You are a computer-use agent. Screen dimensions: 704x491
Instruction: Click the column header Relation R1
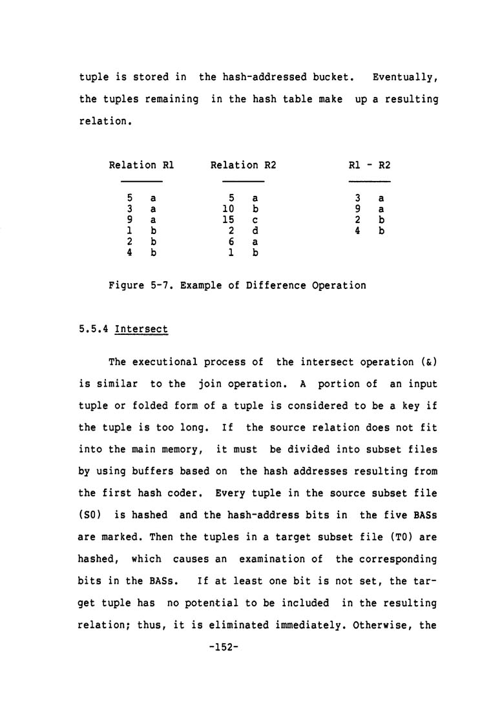pos(141,165)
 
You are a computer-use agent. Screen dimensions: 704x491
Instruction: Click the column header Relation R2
pos(243,165)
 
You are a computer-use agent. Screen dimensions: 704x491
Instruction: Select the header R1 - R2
pos(369,165)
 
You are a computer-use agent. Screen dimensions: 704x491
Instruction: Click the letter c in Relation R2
pos(255,220)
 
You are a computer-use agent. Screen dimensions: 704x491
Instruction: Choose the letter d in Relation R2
pos(255,231)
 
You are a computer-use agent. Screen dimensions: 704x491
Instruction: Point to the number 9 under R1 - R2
pos(357,209)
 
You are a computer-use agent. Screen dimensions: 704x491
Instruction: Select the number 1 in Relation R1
pos(130,231)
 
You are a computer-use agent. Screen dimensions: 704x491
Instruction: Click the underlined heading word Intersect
pos(141,329)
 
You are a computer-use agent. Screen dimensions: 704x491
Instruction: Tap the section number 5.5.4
pos(94,329)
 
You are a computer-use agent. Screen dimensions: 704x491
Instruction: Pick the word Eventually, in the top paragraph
pos(406,78)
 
